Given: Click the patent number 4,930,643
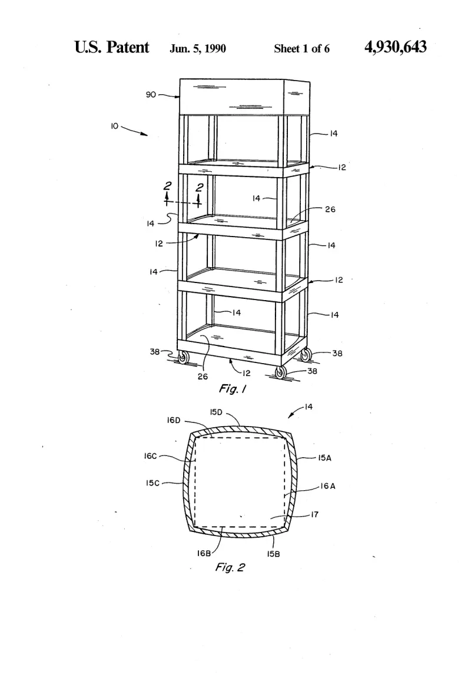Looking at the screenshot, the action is (x=395, y=47).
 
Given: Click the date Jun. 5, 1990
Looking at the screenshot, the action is (x=198, y=48).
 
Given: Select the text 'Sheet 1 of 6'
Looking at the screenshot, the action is (x=301, y=48).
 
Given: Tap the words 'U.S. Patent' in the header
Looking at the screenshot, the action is (x=112, y=47).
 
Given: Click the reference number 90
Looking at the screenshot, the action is (x=151, y=94).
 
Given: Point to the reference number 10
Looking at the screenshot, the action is (x=114, y=126).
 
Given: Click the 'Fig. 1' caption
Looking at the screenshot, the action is (x=232, y=389).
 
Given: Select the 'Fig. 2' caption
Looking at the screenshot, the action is (x=230, y=567).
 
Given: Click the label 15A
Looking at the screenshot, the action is (x=324, y=458).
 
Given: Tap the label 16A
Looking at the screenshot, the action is (x=327, y=486).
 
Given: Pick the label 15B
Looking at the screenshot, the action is (x=273, y=554).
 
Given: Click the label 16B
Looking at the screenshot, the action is (x=204, y=553).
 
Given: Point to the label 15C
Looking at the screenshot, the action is (x=152, y=483).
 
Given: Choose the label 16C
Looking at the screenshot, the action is (x=151, y=456).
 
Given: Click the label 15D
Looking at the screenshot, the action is (x=216, y=412).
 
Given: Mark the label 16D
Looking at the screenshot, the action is (x=174, y=420).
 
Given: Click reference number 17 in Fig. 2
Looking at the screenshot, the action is (x=314, y=514).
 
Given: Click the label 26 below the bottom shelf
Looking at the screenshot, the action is (x=203, y=377).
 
